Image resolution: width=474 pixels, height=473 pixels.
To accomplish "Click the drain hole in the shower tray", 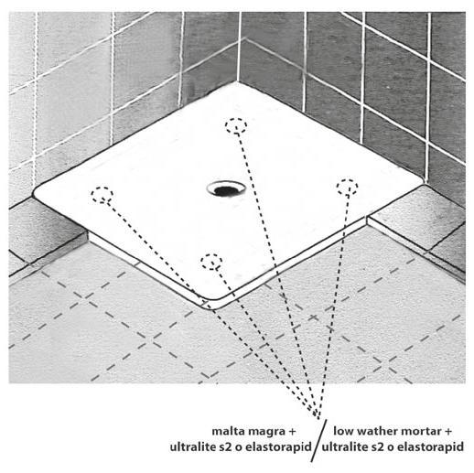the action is click(x=226, y=188).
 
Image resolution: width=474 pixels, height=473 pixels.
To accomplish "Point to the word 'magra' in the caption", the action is click(x=267, y=432).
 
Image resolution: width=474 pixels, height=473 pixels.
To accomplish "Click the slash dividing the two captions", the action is click(x=318, y=440).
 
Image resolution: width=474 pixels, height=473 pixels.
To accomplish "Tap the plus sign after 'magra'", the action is click(x=292, y=432).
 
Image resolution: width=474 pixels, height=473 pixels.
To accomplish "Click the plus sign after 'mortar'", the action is click(x=448, y=432).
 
